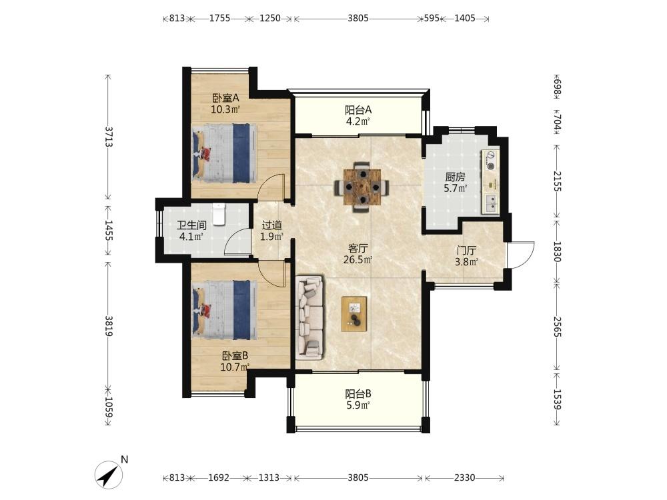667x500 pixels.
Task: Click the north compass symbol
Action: click(x=109, y=474)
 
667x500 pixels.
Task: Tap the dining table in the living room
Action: click(x=362, y=187)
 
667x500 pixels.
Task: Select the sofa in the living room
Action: click(x=309, y=316)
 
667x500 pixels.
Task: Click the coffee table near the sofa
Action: click(x=354, y=314)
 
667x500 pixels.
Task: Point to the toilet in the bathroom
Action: click(x=219, y=214)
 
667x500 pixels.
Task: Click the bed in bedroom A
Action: click(x=224, y=153)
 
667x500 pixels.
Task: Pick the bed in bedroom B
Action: click(x=224, y=309)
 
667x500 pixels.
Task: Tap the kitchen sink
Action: click(x=490, y=203)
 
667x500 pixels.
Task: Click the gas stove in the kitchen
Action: click(x=490, y=161)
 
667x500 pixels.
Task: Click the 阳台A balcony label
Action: click(x=358, y=110)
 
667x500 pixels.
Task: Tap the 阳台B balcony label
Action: click(x=358, y=394)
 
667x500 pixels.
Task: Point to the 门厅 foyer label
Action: click(x=467, y=251)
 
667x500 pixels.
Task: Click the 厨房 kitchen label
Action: click(x=455, y=177)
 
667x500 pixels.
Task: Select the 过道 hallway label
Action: click(x=272, y=225)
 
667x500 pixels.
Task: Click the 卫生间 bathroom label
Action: click(x=191, y=225)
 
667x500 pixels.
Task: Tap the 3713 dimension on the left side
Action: click(x=109, y=137)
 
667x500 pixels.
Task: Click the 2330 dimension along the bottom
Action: click(x=464, y=477)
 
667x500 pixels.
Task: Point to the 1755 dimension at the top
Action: click(x=219, y=18)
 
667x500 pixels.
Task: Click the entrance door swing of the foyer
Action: click(x=521, y=255)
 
